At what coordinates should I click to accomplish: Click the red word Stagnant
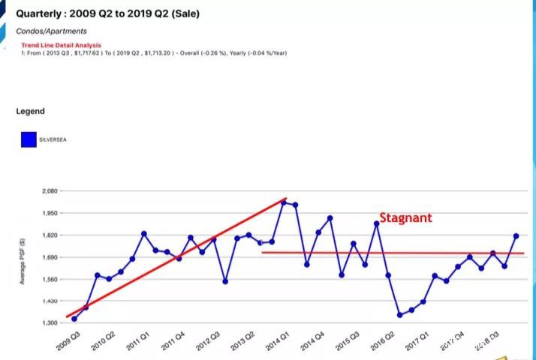pyautogui.click(x=405, y=218)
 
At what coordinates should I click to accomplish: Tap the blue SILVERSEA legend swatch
pyautogui.click(x=29, y=139)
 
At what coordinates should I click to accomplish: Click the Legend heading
pyautogui.click(x=30, y=111)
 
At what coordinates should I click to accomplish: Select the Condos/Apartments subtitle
pyautogui.click(x=51, y=31)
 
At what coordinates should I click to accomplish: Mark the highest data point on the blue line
pyautogui.click(x=284, y=202)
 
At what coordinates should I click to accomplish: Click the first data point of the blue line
pyautogui.click(x=74, y=319)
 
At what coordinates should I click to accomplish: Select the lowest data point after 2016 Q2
pyautogui.click(x=400, y=315)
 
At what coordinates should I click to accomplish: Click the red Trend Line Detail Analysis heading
pyautogui.click(x=61, y=46)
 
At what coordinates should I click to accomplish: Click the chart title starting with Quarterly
pyautogui.click(x=107, y=13)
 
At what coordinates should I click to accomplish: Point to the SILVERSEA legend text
pyautogui.click(x=53, y=139)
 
